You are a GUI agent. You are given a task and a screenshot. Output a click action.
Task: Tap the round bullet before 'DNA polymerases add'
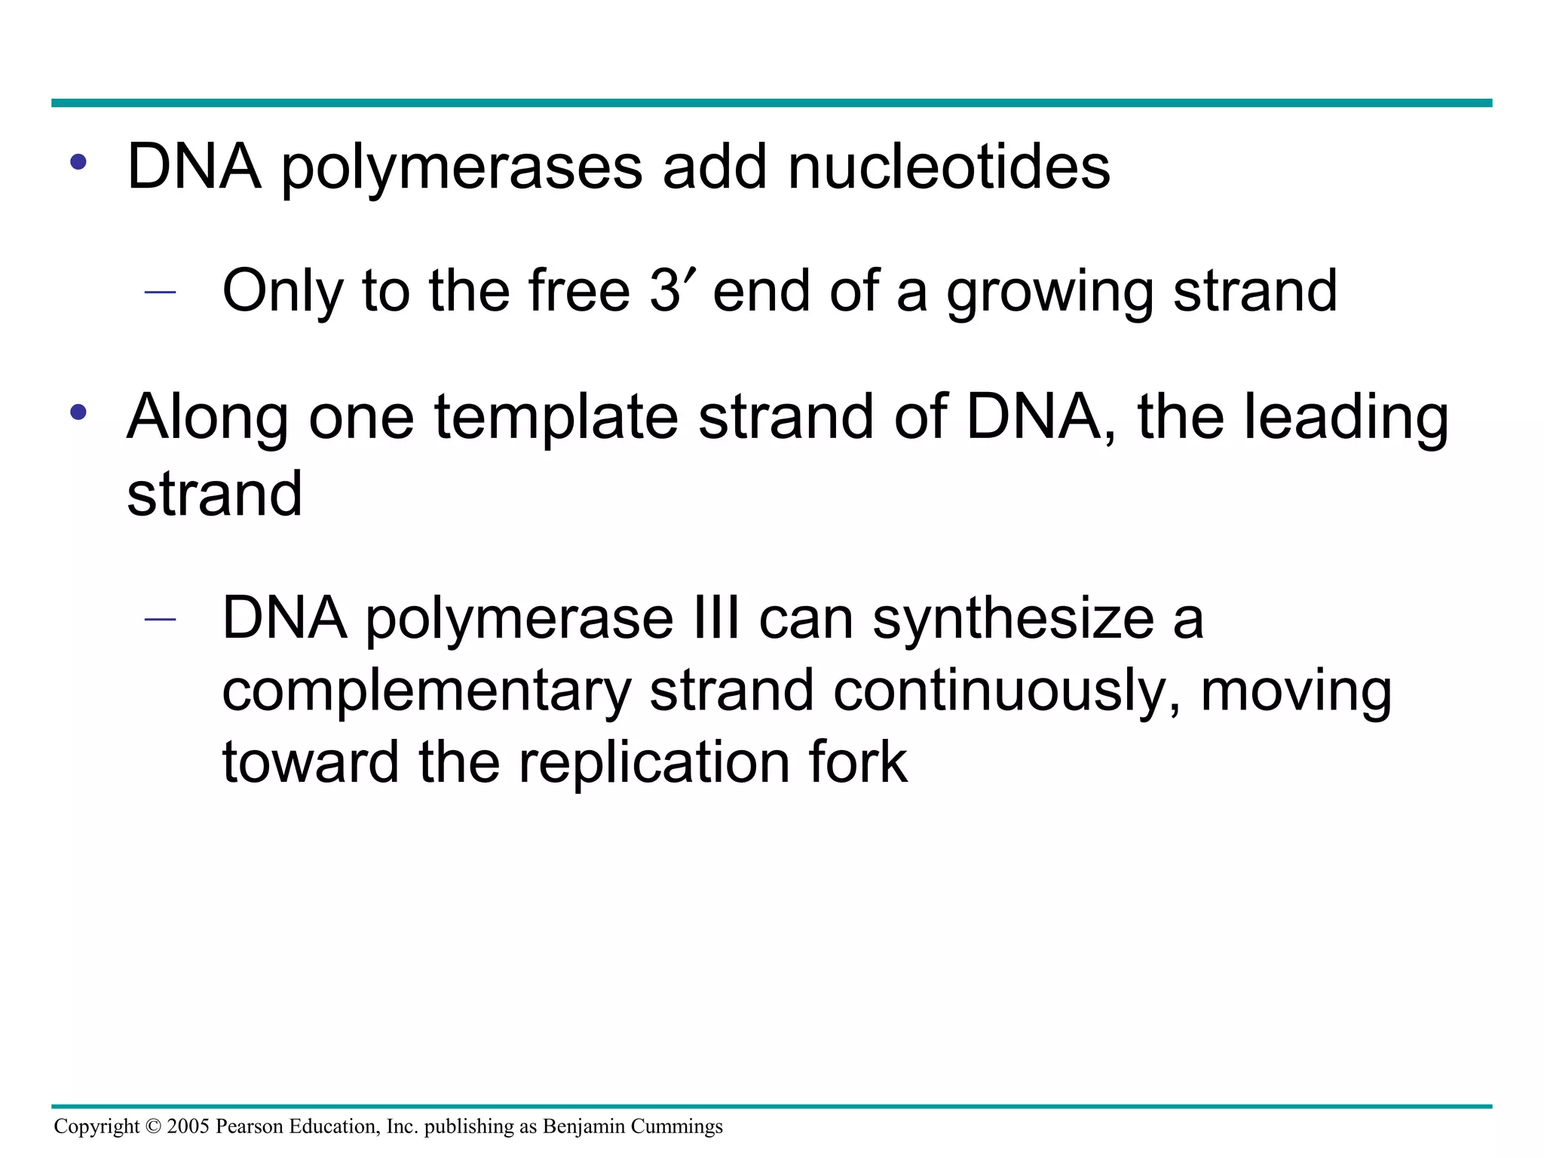point(78,161)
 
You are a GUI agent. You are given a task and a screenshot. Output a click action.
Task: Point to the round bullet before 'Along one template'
point(78,412)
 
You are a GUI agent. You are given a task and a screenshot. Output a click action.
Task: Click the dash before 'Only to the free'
point(160,292)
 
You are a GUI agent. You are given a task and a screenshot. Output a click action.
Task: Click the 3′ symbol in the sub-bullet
point(672,290)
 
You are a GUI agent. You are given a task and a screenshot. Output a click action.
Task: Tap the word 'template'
point(556,418)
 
